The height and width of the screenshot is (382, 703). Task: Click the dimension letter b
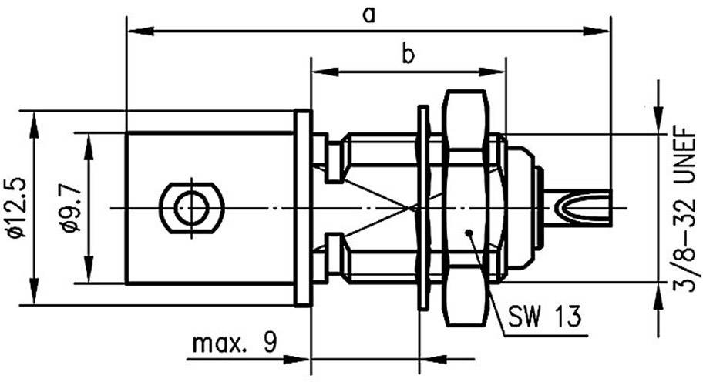[x=409, y=55]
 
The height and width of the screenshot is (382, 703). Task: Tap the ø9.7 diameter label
[x=69, y=208]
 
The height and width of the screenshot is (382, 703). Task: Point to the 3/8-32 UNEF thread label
[x=682, y=209]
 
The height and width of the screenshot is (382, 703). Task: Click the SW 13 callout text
[x=544, y=316]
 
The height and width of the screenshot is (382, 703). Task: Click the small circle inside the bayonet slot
[x=190, y=206]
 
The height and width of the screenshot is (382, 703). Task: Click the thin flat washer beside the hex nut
[x=422, y=206]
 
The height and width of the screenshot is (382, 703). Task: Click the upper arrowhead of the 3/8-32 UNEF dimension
[x=658, y=122]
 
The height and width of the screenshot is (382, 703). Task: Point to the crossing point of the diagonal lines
[x=413, y=207]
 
